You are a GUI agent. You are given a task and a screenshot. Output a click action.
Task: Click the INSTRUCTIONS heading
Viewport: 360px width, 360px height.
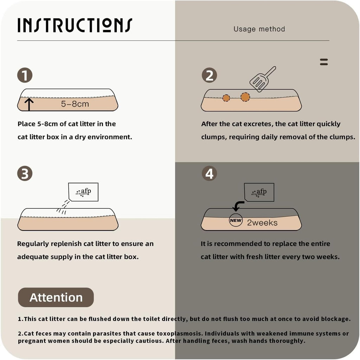coord(75,25)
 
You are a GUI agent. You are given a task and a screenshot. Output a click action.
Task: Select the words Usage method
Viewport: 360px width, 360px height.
coord(259,29)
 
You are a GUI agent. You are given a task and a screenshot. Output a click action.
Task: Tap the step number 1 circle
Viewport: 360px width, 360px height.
coord(25,75)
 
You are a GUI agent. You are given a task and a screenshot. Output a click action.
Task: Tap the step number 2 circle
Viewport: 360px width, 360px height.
coord(210,75)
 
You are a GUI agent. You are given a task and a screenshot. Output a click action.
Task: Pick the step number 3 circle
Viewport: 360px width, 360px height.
coord(25,173)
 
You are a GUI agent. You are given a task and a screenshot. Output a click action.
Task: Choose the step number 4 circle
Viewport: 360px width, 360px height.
coord(210,173)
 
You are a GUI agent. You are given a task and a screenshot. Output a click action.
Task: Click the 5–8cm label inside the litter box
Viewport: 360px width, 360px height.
coord(75,104)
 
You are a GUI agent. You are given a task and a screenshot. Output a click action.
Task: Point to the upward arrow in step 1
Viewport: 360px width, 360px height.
coord(29,105)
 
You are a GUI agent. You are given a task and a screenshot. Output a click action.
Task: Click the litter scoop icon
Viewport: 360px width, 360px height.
coord(263,79)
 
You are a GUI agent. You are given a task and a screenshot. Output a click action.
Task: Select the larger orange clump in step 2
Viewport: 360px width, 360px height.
coord(245,97)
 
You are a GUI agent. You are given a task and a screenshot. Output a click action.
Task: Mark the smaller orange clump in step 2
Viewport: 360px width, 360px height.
coord(226,98)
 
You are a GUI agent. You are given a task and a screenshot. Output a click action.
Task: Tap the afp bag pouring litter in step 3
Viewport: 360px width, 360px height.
coord(83,192)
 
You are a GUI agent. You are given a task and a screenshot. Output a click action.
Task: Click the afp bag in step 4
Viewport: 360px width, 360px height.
coord(259,192)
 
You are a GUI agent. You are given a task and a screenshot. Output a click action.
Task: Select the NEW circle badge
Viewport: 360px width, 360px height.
coord(236,220)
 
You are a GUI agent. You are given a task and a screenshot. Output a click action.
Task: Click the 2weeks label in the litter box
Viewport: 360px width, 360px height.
coord(262,222)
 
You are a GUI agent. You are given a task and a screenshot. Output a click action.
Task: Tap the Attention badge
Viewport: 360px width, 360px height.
coord(56,297)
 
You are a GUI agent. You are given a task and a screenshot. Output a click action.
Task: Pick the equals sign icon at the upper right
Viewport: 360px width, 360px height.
coord(324,62)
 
